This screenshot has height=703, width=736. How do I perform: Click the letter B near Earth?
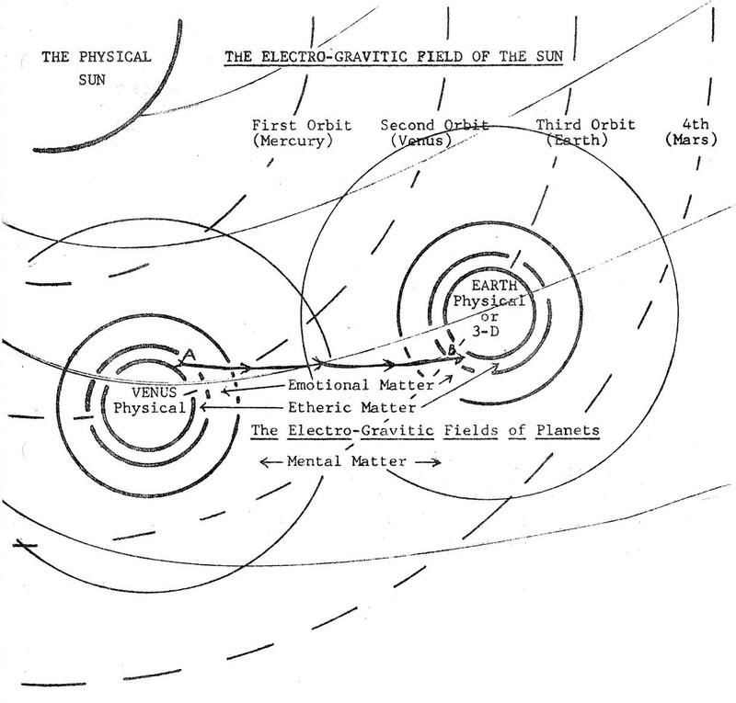pos(452,349)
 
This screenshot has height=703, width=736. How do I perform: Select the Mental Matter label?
pos(351,460)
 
